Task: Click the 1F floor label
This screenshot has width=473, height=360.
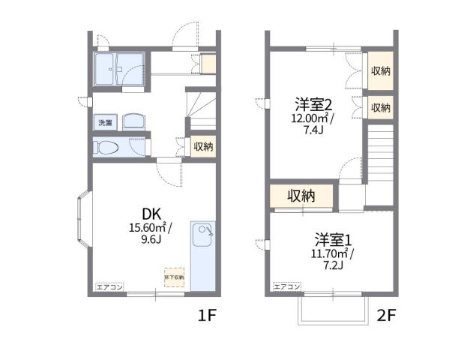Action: (x=207, y=316)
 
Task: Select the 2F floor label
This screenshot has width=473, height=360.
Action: (x=386, y=316)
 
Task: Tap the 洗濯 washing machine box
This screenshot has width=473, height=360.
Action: (x=103, y=121)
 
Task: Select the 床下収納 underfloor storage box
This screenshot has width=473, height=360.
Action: (x=175, y=277)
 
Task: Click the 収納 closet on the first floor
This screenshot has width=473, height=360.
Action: (x=203, y=147)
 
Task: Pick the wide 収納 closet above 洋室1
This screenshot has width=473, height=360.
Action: (x=301, y=196)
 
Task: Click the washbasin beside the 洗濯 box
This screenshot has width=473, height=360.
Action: (x=134, y=121)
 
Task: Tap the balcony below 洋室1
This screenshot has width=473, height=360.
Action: (x=332, y=308)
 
